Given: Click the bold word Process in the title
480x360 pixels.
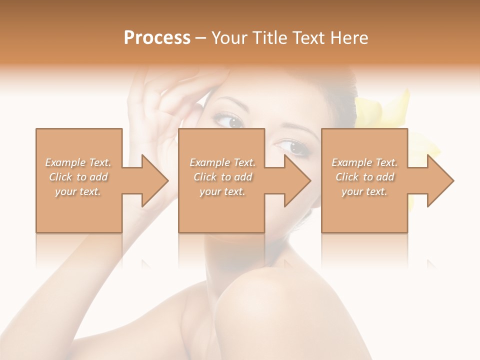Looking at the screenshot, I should coord(157,38).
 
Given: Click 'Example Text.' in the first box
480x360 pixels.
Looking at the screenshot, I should coord(78,162).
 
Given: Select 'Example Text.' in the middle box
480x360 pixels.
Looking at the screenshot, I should coord(222,162).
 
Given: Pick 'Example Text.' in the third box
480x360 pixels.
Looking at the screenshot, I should coord(364,162).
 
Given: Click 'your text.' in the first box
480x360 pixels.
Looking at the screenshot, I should coord(78,191).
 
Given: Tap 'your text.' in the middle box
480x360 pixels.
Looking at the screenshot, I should coord(222,191).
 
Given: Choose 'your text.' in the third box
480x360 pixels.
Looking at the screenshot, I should coord(364,191).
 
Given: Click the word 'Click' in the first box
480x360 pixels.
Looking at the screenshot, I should coord(61,177).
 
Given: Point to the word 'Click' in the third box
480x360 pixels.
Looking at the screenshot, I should coord(347,177).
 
